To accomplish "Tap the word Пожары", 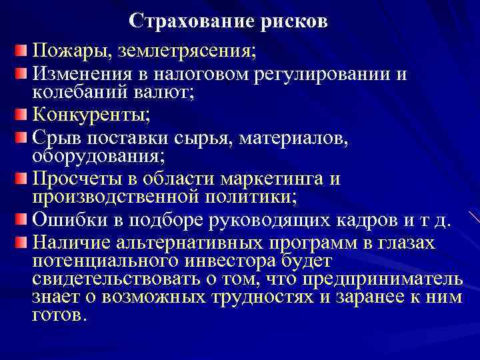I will [69, 50].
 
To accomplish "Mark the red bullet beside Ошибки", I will [23, 221].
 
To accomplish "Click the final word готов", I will [59, 316].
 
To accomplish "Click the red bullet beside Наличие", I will [23, 241].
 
